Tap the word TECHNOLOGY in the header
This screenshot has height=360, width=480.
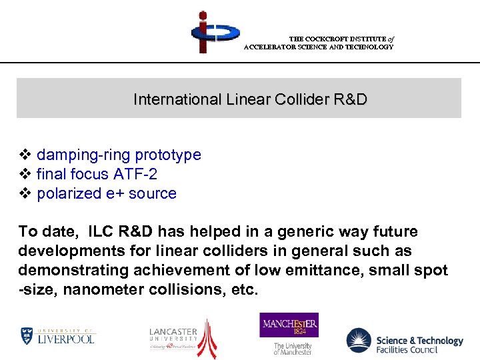[x=369, y=47]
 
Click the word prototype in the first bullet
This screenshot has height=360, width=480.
[x=168, y=155]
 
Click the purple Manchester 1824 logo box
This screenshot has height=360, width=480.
[x=289, y=325]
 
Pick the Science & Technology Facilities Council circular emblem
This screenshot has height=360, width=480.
[x=359, y=341]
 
